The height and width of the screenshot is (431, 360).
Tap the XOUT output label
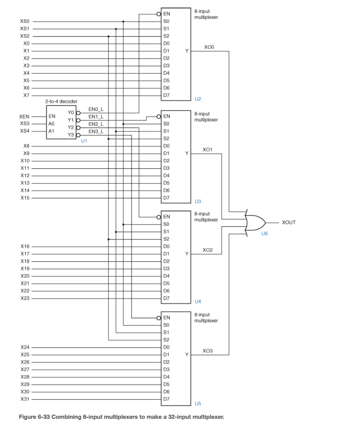click(x=288, y=222)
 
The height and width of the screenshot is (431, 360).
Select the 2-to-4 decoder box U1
click(x=61, y=122)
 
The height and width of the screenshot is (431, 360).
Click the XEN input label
click(x=24, y=116)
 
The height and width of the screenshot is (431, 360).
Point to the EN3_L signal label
click(x=96, y=131)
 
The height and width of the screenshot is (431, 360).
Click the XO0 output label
click(x=208, y=47)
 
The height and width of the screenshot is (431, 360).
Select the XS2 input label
click(x=25, y=36)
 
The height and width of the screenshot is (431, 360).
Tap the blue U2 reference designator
click(x=198, y=99)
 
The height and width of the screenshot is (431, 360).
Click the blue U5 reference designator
click(x=198, y=404)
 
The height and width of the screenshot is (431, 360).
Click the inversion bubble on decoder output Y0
click(x=77, y=113)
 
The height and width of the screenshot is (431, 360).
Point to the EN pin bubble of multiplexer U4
click(x=159, y=217)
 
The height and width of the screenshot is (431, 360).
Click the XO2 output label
click(x=208, y=250)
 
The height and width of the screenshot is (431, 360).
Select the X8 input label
click(x=26, y=146)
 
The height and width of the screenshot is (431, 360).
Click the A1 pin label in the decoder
click(x=51, y=131)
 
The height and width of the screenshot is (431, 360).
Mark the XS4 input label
click(x=25, y=131)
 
